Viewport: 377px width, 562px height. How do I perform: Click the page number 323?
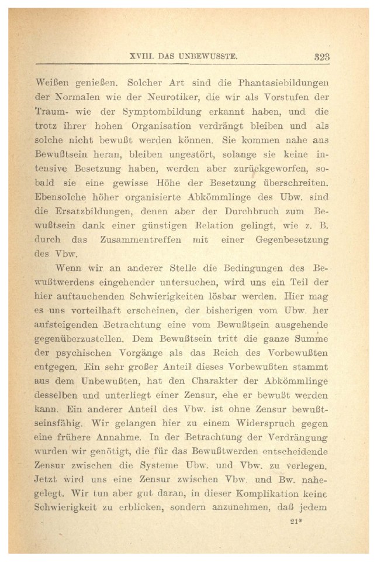[x=321, y=57]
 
